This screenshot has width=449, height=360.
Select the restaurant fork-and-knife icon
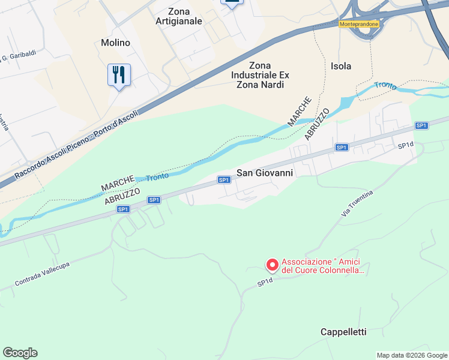pos(119,75)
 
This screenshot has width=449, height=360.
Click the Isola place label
pos(341,66)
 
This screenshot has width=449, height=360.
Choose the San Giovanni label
pos(265,173)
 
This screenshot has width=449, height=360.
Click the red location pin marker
pos(272,264)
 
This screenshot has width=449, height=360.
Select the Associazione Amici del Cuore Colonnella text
pos(324,266)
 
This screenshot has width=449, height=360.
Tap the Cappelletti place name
pos(343,332)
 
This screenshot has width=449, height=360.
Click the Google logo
pos(20,353)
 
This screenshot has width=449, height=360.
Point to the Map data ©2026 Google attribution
pos(412,355)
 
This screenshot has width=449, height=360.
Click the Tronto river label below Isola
pos(385,86)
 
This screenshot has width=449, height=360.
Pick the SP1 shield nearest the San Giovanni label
pos(224,180)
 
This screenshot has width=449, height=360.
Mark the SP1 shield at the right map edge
pos(421,125)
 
